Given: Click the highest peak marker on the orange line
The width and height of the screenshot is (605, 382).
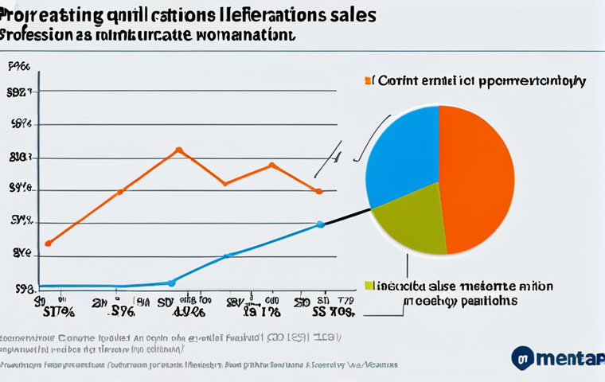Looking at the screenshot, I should (178, 150).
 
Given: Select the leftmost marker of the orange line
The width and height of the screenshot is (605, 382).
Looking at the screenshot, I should (49, 243).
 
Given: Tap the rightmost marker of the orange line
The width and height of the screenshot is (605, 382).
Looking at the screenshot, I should (318, 191).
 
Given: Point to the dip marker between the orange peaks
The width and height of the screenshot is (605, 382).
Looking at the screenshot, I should (227, 184).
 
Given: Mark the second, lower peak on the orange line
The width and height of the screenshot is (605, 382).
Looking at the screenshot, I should (272, 166).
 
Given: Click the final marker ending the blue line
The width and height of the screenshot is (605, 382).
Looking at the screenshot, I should (320, 224).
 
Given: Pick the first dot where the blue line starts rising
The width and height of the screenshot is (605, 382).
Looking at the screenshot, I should (171, 282).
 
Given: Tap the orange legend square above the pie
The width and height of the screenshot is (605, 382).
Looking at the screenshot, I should (369, 80).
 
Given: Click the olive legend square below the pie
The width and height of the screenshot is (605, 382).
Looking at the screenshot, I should (369, 285).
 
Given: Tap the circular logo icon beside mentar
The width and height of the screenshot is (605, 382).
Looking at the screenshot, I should (522, 357).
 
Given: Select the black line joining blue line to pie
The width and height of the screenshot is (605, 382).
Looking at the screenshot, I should (346, 216).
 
